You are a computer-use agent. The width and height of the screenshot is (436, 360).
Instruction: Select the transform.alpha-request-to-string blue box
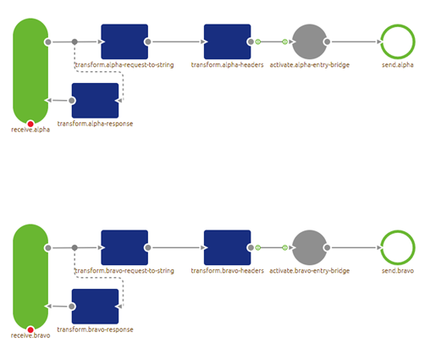[124, 42]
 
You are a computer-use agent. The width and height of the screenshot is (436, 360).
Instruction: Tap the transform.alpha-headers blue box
[227, 42]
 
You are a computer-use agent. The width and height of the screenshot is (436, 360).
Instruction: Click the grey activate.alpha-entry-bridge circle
[309, 42]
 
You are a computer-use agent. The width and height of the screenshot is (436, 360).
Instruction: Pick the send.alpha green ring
[397, 42]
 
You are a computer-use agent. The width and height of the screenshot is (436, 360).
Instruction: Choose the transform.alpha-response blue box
[95, 101]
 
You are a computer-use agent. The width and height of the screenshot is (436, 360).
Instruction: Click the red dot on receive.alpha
[30, 124]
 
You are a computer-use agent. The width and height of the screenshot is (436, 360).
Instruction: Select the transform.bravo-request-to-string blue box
[124, 247]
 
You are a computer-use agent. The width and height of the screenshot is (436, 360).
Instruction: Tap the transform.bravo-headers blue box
[227, 247]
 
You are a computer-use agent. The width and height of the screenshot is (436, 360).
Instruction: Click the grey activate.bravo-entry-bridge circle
[309, 247]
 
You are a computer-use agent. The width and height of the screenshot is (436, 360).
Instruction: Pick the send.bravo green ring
[397, 247]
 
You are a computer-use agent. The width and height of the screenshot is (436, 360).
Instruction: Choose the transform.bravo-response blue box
[95, 307]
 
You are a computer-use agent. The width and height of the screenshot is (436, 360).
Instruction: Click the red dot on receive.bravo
[30, 330]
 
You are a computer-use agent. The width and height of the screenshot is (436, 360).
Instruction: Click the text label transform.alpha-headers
[227, 65]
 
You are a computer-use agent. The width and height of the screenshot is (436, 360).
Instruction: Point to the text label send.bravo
[397, 271]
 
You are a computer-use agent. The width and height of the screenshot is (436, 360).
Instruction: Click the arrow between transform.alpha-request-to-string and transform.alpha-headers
[176, 42]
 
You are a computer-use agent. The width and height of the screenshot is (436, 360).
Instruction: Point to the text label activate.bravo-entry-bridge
[310, 271]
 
